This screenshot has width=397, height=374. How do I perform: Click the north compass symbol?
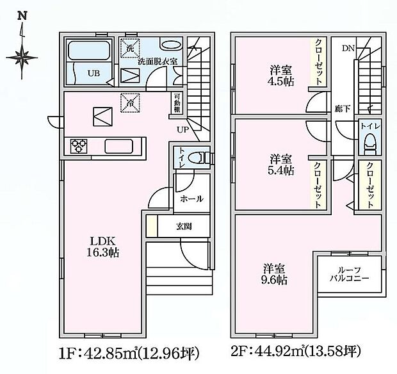pyautogui.click(x=24, y=54)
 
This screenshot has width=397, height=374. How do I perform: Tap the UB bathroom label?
pyautogui.click(x=93, y=72)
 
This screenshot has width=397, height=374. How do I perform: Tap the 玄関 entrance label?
pyautogui.click(x=184, y=226)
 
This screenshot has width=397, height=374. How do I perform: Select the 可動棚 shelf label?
pyautogui.click(x=177, y=104)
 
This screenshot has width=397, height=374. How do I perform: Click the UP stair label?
pyautogui.click(x=182, y=130)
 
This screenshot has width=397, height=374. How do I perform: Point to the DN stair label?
pyautogui.click(x=347, y=48)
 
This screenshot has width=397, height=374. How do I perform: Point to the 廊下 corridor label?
pyautogui.click(x=342, y=110)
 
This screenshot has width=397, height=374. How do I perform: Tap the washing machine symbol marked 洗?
pyautogui.click(x=130, y=49)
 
